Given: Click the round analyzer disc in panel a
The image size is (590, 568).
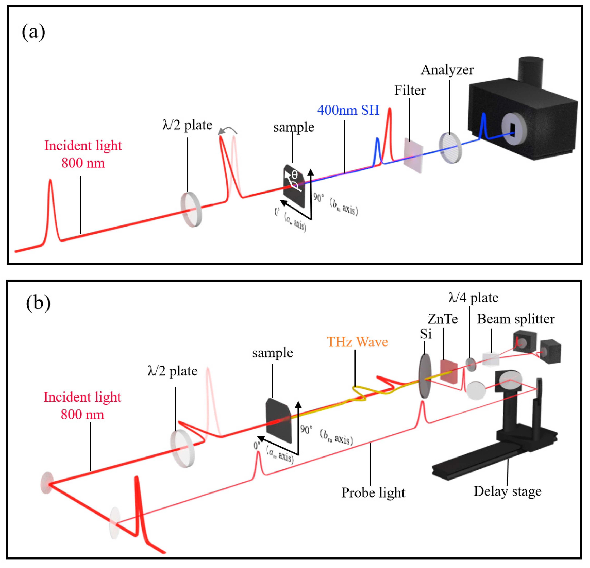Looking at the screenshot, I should (450, 148).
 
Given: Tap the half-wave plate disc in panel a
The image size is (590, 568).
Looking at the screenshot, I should (191, 209).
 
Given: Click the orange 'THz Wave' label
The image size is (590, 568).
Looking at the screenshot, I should (357, 342).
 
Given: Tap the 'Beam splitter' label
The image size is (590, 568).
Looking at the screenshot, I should (515, 319).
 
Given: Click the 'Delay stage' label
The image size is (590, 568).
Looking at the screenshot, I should (507, 491).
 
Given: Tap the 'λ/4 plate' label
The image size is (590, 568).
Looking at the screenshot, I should (473, 298).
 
